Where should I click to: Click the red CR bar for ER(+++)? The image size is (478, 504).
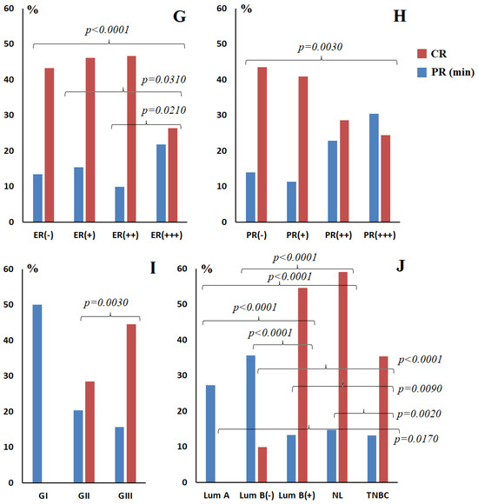point(173,175)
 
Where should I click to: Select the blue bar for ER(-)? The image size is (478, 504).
point(37,198)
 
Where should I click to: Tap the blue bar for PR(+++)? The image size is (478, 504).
point(374,168)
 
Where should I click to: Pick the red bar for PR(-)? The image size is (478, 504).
point(262,144)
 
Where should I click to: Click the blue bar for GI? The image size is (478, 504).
point(37,394)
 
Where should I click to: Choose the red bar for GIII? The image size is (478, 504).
point(131,403)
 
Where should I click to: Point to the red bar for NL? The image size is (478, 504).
point(343,377)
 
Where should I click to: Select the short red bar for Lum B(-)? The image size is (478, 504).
point(262,465)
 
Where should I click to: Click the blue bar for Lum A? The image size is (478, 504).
point(210,434)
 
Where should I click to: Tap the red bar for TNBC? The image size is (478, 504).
point(383,419)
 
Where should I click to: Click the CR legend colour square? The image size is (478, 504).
point(422,54)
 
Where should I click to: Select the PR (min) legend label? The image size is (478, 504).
point(453,72)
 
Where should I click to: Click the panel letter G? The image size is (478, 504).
point(179,16)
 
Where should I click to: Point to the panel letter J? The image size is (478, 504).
point(400,267)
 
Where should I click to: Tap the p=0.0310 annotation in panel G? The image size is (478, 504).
point(164,80)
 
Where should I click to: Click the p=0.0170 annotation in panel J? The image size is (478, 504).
point(416,439)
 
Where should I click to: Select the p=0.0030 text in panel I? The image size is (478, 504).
point(106,302)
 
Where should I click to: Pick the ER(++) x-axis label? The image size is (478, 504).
point(125,235)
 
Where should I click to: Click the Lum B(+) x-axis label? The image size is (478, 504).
point(296,495)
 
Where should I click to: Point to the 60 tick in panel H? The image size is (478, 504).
point(222,9)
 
